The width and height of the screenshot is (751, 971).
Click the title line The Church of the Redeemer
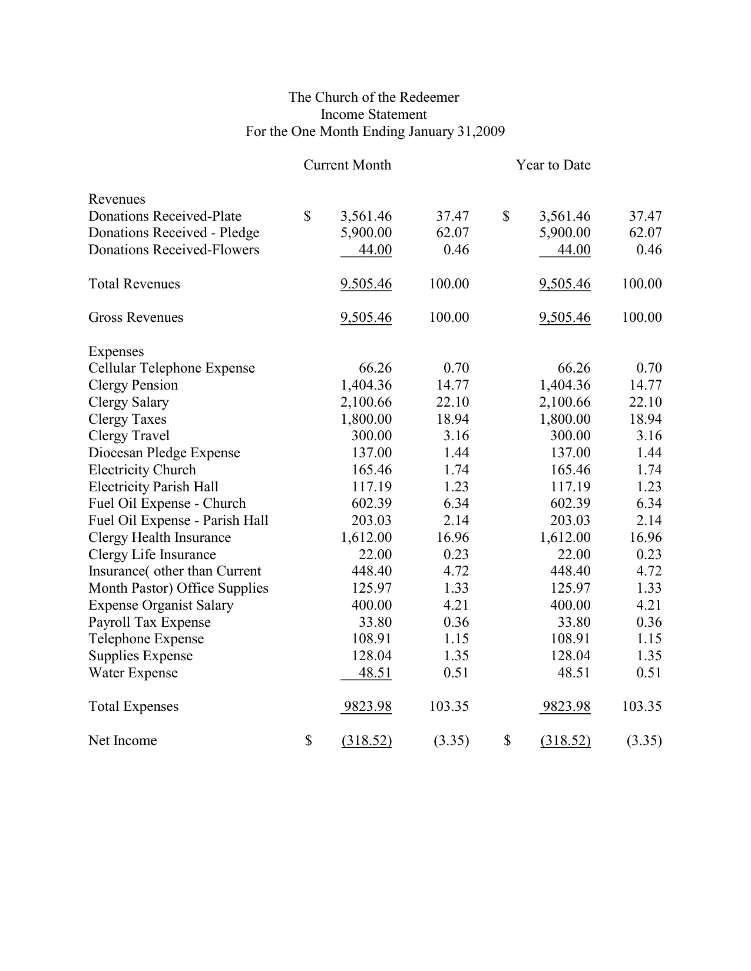[x=373, y=97]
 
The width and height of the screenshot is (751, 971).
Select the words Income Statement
[x=373, y=114]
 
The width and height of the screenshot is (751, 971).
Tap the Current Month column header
[x=347, y=165]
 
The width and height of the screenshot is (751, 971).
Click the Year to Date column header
[x=553, y=165]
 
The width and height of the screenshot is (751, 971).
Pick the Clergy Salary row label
[x=128, y=402]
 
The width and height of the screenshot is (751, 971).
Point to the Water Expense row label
[x=133, y=673]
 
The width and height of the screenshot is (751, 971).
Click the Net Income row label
[x=122, y=740]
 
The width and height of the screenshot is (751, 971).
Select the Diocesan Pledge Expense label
[x=164, y=453]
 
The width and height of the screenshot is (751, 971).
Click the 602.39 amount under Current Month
[x=372, y=503]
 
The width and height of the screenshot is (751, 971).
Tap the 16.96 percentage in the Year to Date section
[x=645, y=537]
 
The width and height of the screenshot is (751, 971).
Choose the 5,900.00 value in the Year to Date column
[x=564, y=233]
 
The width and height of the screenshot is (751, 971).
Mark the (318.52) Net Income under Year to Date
[x=565, y=740]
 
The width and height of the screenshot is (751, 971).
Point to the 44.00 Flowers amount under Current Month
[x=375, y=249]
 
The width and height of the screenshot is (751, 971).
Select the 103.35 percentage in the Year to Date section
[x=641, y=706]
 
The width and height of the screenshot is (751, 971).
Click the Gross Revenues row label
[x=135, y=317]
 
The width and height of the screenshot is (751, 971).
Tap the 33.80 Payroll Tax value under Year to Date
[x=573, y=622]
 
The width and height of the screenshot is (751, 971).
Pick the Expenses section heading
[x=116, y=351]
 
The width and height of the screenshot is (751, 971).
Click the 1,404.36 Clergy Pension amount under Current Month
[x=366, y=385]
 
